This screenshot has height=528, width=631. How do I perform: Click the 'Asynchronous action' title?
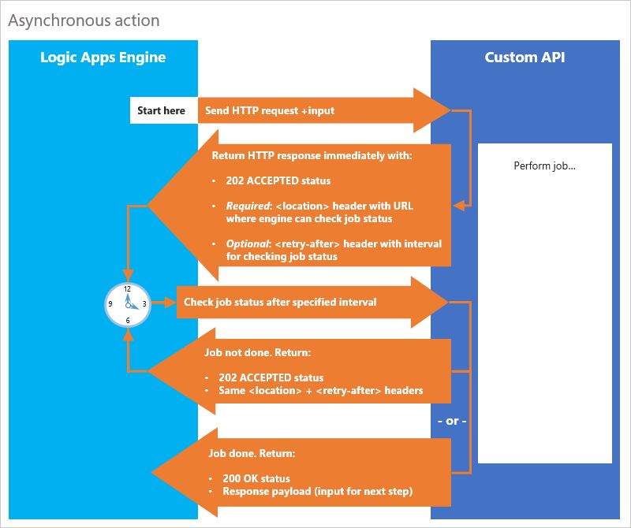coord(84,20)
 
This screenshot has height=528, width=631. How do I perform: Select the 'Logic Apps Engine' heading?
coord(103,58)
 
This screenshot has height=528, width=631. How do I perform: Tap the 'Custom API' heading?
coord(525,58)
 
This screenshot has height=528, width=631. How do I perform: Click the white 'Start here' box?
coord(161,110)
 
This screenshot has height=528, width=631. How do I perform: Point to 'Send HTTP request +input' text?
coord(270,110)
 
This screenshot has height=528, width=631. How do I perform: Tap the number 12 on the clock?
coord(127,289)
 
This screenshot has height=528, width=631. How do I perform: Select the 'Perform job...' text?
coord(545,165)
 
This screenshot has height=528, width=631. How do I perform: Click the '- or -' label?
coord(452,421)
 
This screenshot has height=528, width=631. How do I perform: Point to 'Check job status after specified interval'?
coord(280,302)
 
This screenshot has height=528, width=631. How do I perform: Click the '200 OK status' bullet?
coord(256,478)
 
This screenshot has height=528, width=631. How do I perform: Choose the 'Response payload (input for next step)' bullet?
coord(318,491)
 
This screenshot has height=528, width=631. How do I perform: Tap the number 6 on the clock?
coord(127,318)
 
